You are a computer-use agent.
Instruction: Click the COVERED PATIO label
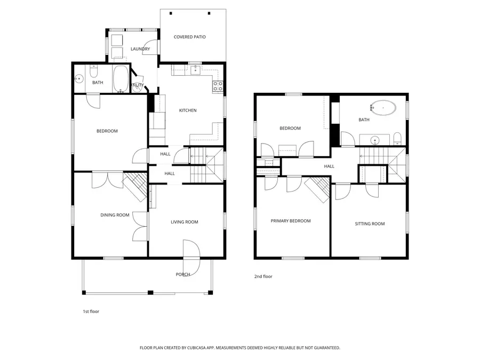[x=189, y=37]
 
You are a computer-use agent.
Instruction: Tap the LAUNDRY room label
[x=140, y=49]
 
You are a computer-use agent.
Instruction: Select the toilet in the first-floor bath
[x=93, y=71]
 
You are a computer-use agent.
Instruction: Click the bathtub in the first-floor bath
[x=121, y=79]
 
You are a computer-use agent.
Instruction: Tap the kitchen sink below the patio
[x=196, y=69]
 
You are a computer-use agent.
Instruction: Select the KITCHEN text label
[x=187, y=110]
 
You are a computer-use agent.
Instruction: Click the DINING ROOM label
[x=115, y=215]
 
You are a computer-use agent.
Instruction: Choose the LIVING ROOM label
[x=184, y=222]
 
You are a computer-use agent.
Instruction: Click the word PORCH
[x=183, y=274]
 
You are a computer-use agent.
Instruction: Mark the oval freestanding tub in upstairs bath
[x=384, y=108]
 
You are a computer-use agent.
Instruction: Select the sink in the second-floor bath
[x=375, y=141]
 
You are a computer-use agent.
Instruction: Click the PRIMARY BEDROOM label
[x=290, y=221]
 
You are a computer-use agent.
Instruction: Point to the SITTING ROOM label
[x=370, y=224]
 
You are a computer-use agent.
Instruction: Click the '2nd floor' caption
[x=263, y=276]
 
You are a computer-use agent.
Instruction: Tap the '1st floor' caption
[x=90, y=311]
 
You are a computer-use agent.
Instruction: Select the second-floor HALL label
[x=329, y=166]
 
